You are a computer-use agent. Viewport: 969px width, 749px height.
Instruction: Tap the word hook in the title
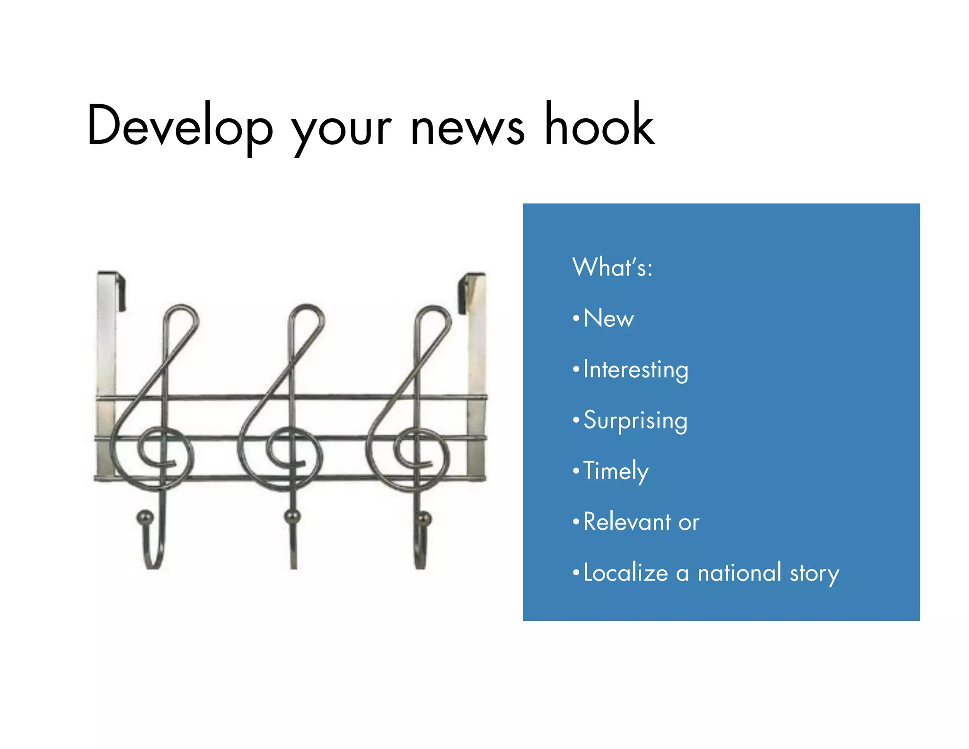tap(599, 124)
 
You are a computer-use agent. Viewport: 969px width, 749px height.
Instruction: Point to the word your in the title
tap(342, 130)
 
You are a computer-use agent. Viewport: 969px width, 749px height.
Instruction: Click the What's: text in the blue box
tap(612, 267)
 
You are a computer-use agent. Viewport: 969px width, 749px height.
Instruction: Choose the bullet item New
tap(608, 318)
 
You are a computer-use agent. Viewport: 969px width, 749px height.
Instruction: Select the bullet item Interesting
tap(635, 370)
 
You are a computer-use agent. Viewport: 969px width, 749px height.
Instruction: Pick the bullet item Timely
tap(616, 472)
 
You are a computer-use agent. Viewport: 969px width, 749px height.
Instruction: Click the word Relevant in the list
tap(627, 522)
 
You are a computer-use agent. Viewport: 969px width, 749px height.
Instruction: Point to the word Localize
tap(625, 573)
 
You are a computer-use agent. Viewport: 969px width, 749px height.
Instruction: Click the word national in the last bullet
tap(739, 573)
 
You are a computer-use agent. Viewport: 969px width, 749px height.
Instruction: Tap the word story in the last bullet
tap(814, 574)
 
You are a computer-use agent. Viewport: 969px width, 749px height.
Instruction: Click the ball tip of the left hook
tap(145, 517)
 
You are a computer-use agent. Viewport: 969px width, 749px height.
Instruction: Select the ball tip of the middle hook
tap(292, 516)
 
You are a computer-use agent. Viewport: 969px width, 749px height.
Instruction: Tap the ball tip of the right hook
tap(423, 518)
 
